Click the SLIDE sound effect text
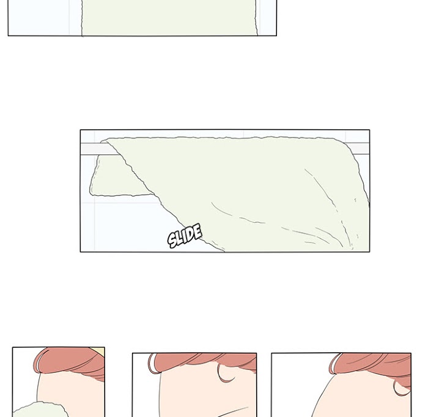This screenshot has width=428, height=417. (185, 235)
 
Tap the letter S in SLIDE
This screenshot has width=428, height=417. (172, 240)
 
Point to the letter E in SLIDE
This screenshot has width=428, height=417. (197, 231)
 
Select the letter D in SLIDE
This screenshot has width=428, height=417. (191, 234)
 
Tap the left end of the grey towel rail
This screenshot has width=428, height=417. (81, 149)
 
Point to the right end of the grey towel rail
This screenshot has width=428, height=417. (369, 148)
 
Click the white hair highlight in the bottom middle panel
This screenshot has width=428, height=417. (153, 364)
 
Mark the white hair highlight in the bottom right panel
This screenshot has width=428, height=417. (334, 364)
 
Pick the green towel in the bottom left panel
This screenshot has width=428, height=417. (41, 410)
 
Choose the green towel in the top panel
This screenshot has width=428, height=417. (169, 18)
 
